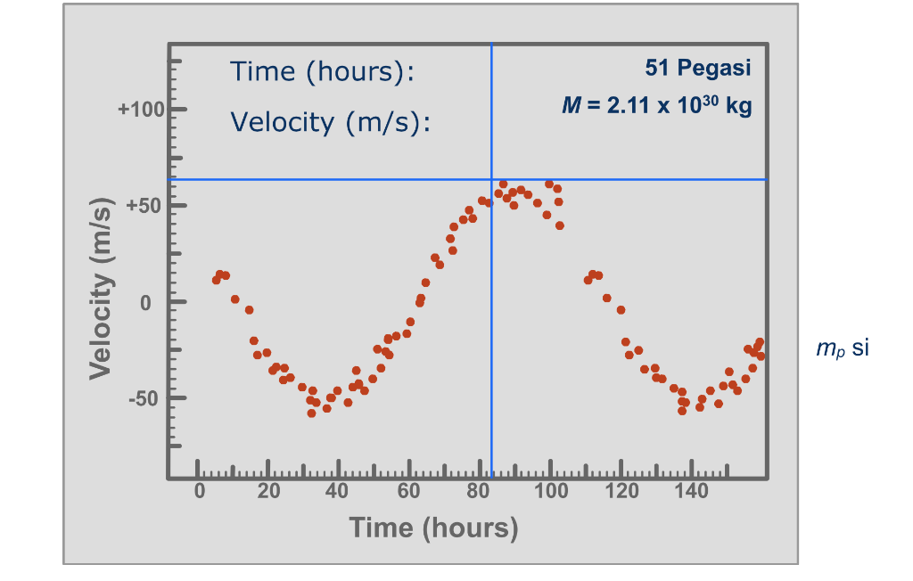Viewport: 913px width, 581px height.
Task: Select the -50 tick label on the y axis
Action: click(144, 398)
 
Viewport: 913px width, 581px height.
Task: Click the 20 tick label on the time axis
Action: click(268, 492)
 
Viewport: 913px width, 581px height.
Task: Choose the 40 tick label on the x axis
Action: click(339, 492)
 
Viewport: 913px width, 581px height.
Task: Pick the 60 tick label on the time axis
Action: click(409, 492)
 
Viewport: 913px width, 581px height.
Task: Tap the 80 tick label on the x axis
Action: click(480, 492)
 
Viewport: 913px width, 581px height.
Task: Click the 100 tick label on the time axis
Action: click(550, 492)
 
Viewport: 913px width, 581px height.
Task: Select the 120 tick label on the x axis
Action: click(621, 492)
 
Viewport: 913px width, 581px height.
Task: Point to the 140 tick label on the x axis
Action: click(691, 492)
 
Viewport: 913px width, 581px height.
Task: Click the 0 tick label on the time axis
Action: click(200, 492)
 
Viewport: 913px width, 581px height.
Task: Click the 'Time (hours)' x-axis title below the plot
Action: click(433, 528)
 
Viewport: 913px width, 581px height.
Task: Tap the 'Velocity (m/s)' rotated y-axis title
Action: click(102, 289)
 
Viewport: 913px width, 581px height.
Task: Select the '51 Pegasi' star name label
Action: click(697, 68)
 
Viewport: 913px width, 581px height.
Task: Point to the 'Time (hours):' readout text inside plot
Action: click(323, 71)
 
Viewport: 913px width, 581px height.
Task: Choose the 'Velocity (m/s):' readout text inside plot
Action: click(331, 121)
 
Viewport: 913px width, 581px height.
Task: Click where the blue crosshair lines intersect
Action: click(491, 179)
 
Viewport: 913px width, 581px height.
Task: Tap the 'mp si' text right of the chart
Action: click(842, 348)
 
